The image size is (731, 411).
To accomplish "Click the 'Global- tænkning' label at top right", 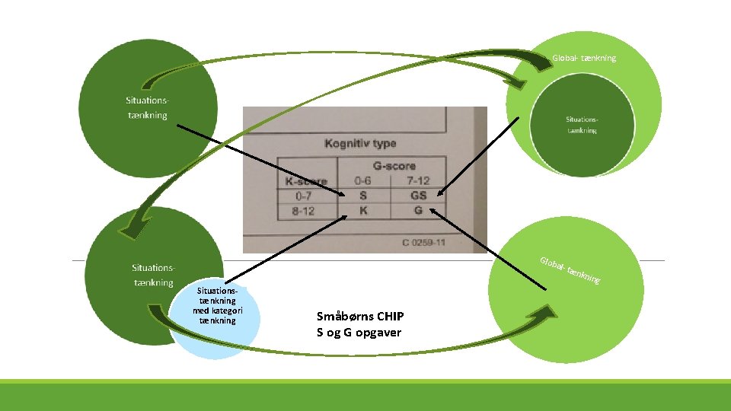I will coord(584,59).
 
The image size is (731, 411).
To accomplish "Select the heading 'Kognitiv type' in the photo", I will coord(360,143).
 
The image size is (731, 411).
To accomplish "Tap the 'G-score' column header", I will coord(394,165).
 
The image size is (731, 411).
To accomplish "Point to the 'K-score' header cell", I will coord(306,181).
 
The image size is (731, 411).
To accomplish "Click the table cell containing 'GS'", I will coord(418,196).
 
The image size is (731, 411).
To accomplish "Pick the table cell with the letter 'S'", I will coord(362,196).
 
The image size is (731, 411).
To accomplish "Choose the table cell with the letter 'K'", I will coord(362,210).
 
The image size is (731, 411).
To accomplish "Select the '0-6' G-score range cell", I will coord(362,181).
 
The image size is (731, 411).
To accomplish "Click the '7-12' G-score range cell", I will coord(418,181).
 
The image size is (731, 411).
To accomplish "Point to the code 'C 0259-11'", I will coord(423,242).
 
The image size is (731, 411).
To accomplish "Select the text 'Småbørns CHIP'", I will coord(360,317).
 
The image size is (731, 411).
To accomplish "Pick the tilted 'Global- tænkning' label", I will coord(570,271).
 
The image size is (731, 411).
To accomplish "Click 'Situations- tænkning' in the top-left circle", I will coord(147,107).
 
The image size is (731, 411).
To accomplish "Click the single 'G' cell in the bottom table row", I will coord(418,210).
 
